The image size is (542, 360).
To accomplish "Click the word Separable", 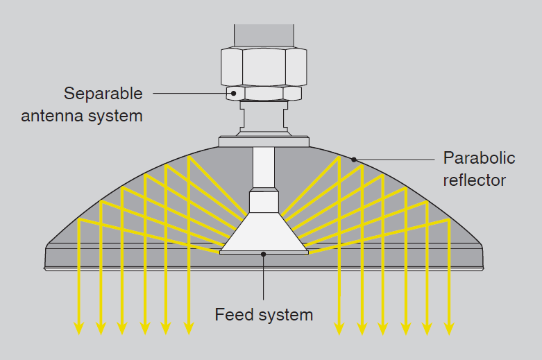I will (103, 93).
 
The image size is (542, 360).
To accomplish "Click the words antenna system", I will (82, 115).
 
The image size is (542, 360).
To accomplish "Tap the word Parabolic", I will (479, 158).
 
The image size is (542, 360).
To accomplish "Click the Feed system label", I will (264, 315).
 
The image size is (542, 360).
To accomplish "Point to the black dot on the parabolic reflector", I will (353, 160).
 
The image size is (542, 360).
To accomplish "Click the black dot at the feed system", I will (264, 253).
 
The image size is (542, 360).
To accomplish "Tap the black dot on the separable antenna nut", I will (234, 92).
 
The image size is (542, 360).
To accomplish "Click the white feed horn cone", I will (264, 232).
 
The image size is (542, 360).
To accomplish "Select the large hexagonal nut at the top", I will (264, 67).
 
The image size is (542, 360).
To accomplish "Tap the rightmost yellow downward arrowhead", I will (449, 328).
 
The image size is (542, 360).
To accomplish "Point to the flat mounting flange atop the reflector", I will (264, 142).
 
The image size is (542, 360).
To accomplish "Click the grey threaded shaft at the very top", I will (264, 35).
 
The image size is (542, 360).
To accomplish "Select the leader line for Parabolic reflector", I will (396, 160).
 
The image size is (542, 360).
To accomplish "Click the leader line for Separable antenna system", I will (191, 92).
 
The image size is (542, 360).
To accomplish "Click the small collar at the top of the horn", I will (264, 202).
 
